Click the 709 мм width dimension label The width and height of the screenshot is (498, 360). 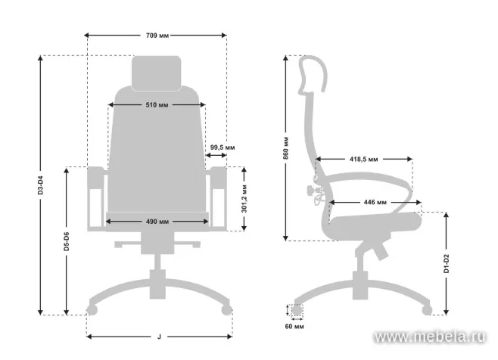157,36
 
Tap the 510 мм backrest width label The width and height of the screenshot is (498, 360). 157,105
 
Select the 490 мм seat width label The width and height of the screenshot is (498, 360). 157,222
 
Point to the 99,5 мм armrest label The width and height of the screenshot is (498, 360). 223,147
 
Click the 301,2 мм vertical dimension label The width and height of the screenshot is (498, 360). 244,198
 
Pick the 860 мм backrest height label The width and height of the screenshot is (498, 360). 286,148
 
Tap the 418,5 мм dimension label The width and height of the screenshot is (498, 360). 364,159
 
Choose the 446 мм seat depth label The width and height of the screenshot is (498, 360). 375,202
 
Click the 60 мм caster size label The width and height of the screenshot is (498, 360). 294,327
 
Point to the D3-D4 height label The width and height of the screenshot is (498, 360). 40,185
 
